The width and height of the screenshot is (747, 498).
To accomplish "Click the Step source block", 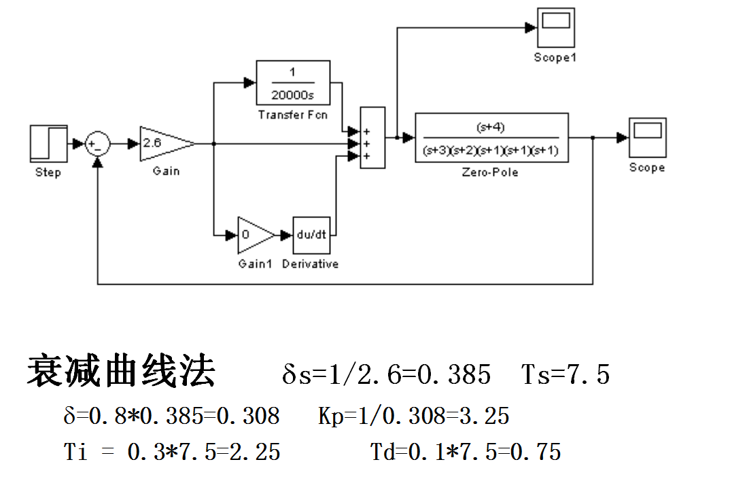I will pos(49,144).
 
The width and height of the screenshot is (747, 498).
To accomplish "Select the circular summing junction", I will pos(98,144).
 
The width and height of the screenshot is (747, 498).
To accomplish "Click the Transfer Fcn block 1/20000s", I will pos(293,84).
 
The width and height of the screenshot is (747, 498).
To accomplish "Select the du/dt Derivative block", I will pos(312,235).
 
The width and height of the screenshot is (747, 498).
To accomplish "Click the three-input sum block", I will pos(372,138).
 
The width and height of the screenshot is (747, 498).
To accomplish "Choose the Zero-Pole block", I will pos(491,138).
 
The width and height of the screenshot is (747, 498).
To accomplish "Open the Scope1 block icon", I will pos(555,27).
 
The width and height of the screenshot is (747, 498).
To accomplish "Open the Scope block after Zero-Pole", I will pos(646,138).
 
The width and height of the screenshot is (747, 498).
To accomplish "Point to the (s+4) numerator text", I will pos(491,126).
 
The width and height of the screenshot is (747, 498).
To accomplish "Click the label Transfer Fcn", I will pos(293,115).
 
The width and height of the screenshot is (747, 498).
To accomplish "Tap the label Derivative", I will pos(310,264).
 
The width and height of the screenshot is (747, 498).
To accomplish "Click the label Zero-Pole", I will pos(490,173).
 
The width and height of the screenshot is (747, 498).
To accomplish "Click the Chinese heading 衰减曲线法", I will pos(121,371).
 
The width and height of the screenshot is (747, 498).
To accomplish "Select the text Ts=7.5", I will pos(566,374).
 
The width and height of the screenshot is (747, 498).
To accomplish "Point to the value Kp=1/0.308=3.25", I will pos(413,415).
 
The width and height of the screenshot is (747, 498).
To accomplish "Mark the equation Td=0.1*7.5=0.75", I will pos(466,451).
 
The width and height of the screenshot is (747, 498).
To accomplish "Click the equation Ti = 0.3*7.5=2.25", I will pos(172,451).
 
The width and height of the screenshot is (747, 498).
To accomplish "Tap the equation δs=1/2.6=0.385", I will pos(386,374).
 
